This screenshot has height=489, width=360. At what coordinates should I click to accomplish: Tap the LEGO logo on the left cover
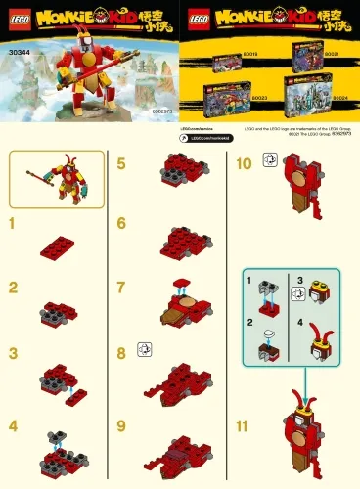[x=16, y=18]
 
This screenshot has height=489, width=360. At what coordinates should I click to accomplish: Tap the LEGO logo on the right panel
[x=196, y=18]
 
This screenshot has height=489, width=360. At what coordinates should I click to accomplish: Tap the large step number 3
[x=13, y=353]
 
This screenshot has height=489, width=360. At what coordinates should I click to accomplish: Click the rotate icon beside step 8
[x=146, y=350]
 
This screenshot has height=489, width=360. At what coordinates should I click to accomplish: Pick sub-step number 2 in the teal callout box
[x=251, y=321]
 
